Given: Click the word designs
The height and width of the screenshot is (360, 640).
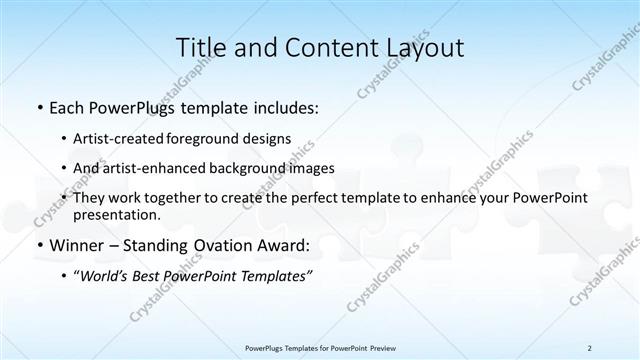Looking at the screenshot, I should (269, 139).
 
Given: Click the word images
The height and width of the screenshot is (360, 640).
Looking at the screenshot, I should (314, 168).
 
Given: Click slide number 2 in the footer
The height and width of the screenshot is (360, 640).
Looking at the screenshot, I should (590, 347).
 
